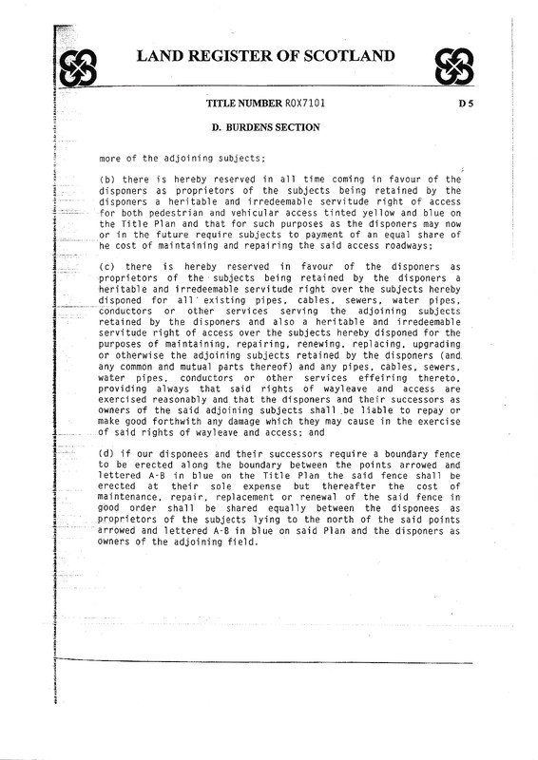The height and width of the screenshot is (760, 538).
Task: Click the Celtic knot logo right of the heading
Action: (460, 64)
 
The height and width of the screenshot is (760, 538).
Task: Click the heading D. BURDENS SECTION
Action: (269, 125)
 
